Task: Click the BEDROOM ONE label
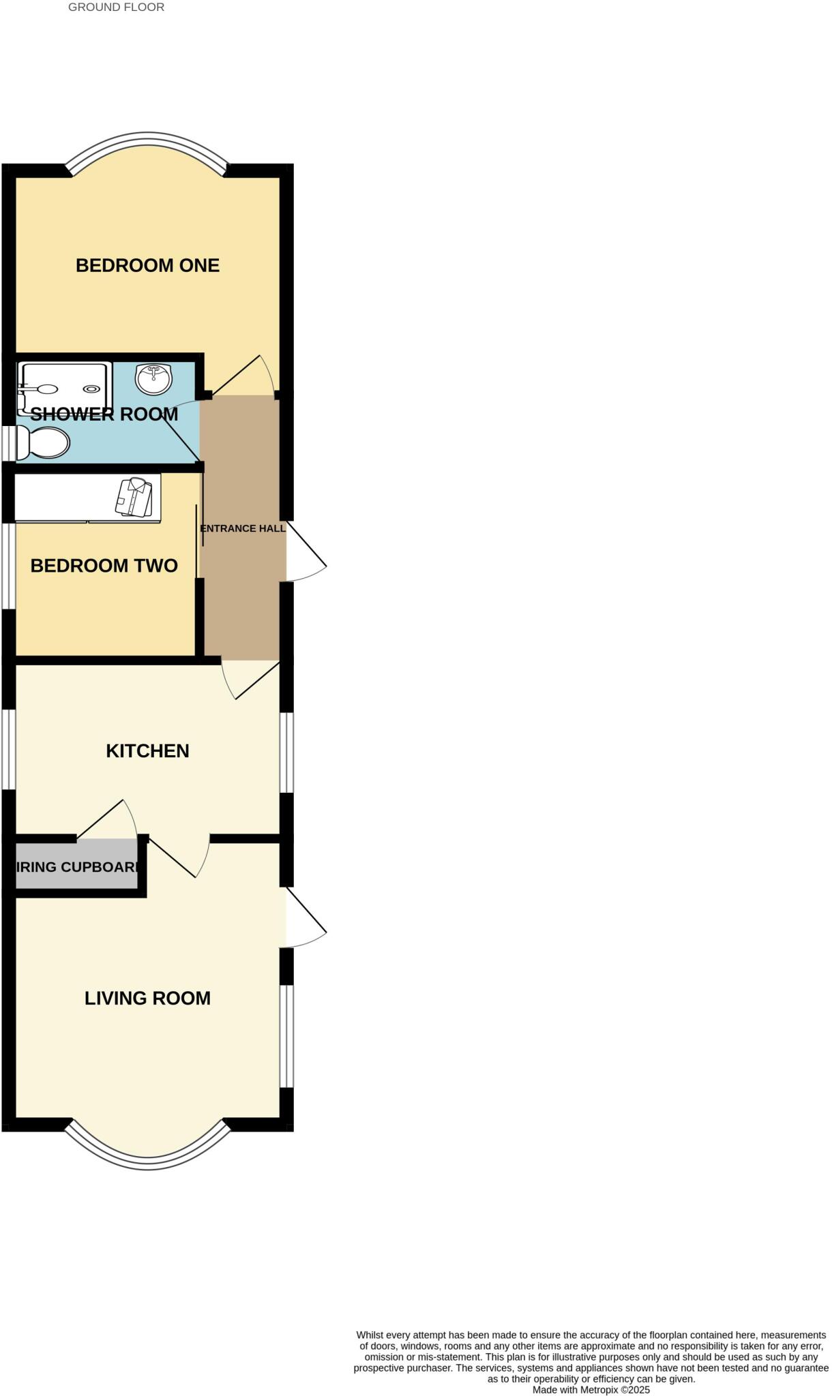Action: pyautogui.click(x=147, y=265)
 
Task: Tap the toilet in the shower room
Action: pyautogui.click(x=44, y=443)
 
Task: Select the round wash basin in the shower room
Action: pyautogui.click(x=153, y=379)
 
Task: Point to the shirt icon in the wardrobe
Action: pyautogui.click(x=134, y=497)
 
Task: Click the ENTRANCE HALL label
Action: pyautogui.click(x=242, y=528)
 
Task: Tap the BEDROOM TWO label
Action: pyautogui.click(x=104, y=566)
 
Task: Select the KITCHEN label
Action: pyautogui.click(x=147, y=751)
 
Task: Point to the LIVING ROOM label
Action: pyautogui.click(x=147, y=999)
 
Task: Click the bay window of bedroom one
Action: pyautogui.click(x=147, y=140)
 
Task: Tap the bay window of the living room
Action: pyautogui.click(x=147, y=1163)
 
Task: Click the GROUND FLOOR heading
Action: pyautogui.click(x=116, y=7)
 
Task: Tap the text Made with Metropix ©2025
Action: pyautogui.click(x=591, y=1389)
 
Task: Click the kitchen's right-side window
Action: pyautogui.click(x=287, y=753)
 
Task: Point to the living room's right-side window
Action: pyautogui.click(x=287, y=1035)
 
